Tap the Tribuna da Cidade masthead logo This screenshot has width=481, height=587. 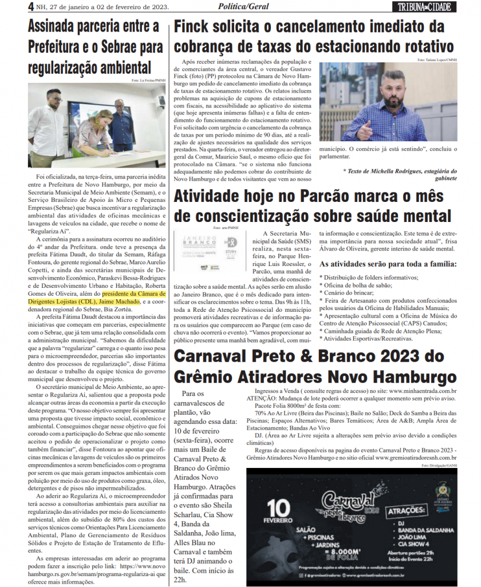(425, 7)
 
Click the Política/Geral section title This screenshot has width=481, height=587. (241, 7)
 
